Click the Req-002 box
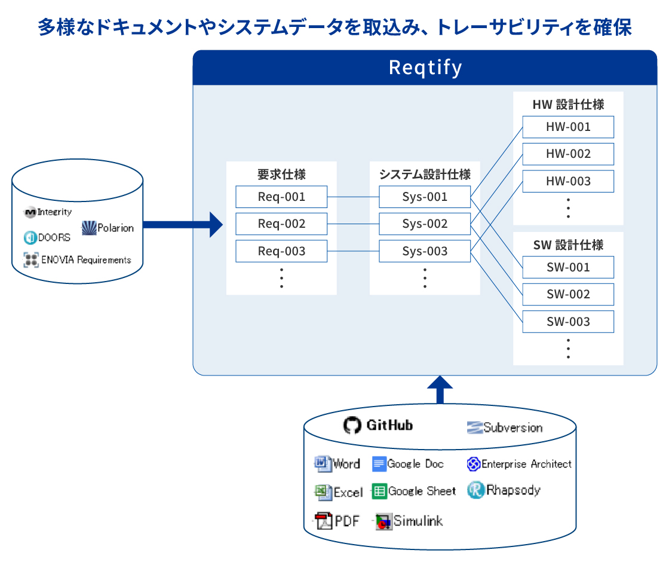(281, 224)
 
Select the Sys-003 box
(425, 251)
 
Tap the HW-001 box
(568, 127)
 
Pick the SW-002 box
(568, 294)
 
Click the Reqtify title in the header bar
(425, 68)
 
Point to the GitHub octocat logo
(352, 425)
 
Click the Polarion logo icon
(89, 228)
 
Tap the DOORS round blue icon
(30, 237)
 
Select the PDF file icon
(323, 521)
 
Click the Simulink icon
(383, 521)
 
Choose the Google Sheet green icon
(379, 491)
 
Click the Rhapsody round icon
(475, 490)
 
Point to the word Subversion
(513, 427)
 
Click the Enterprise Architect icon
(474, 464)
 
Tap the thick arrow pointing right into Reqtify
(183, 225)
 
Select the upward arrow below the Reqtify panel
(440, 389)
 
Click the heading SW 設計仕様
(568, 245)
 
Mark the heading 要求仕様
(281, 174)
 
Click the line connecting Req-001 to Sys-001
(353, 197)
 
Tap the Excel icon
(323, 492)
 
